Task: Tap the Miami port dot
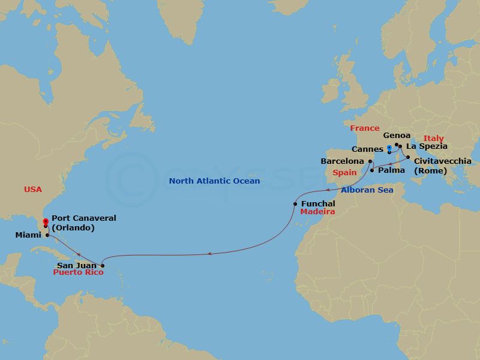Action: click(x=47, y=235)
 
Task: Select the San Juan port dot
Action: click(x=103, y=265)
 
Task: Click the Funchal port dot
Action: click(x=295, y=204)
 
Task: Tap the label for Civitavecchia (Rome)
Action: click(x=442, y=165)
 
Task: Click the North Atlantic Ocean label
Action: click(x=214, y=181)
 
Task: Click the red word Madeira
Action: click(x=317, y=212)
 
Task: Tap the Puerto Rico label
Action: click(x=78, y=272)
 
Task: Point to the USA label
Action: click(x=33, y=189)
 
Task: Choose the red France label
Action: click(x=365, y=128)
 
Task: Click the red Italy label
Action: click(x=433, y=139)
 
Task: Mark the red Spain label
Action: click(x=345, y=172)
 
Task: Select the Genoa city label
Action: click(x=397, y=136)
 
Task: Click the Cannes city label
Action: click(x=368, y=149)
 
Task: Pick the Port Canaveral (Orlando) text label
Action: click(x=84, y=223)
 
